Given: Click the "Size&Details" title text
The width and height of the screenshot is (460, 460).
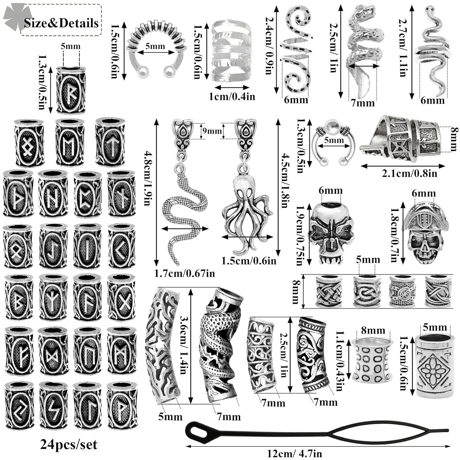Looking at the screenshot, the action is click(x=61, y=23).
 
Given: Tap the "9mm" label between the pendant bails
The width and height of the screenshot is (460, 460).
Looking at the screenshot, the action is click(x=212, y=131).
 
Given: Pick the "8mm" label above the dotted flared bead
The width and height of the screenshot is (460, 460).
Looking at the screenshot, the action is click(x=372, y=331).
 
